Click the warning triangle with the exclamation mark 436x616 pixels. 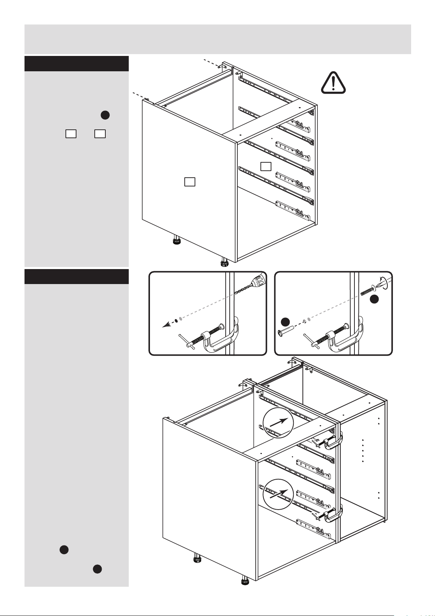coord(333,83)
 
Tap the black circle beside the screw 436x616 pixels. coord(374,299)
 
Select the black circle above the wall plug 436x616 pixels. coord(286,322)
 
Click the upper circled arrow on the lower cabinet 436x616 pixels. coord(278,423)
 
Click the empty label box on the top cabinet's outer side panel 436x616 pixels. coord(189,182)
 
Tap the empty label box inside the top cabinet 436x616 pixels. coord(266,166)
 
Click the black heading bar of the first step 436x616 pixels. coord(76,64)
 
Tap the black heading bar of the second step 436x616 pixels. coord(76,277)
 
